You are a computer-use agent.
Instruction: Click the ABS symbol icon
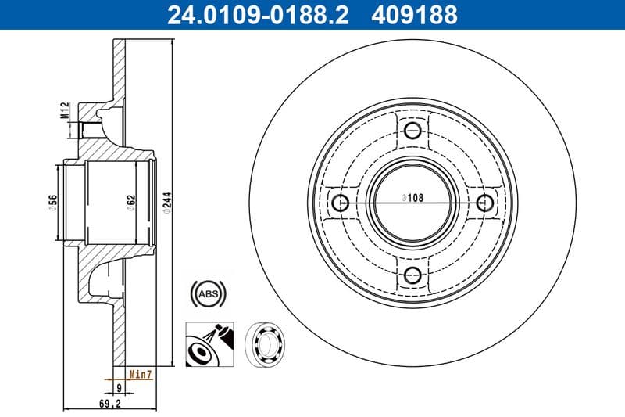(208, 294)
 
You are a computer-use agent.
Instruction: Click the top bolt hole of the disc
(413, 131)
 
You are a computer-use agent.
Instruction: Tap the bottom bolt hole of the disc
(413, 275)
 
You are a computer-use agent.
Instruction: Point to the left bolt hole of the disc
(341, 203)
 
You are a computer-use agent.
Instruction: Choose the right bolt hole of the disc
(485, 203)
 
